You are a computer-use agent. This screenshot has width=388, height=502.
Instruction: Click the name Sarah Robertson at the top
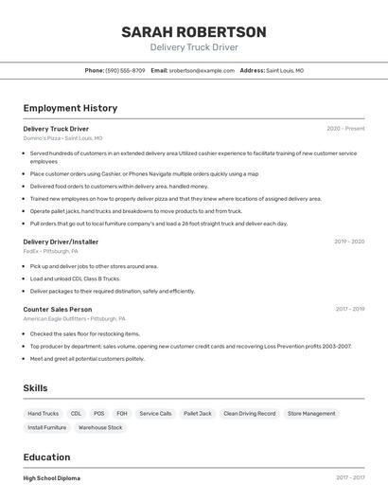coord(194,31)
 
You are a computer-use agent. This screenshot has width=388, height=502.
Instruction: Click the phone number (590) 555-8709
coord(125,70)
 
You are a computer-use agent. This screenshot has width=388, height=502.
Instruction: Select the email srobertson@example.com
coord(202,70)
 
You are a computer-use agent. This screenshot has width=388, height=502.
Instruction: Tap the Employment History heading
coord(70,108)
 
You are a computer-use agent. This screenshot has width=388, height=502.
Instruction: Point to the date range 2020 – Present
coord(345,128)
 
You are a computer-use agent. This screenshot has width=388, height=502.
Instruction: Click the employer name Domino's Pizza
coord(42,138)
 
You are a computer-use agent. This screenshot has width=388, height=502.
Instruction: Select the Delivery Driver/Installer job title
coord(61,242)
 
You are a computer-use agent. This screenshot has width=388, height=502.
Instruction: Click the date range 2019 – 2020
coord(349,242)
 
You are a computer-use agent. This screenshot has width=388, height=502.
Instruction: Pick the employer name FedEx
coord(31,251)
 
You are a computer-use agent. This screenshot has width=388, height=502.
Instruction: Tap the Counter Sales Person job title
coord(58,309)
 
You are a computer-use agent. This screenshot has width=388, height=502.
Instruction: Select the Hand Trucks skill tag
coord(44,413)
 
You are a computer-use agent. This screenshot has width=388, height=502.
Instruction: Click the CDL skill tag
coord(76,413)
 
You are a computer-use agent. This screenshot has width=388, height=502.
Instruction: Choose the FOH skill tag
coord(122,413)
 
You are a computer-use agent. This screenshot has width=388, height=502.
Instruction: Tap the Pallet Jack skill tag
coord(198,413)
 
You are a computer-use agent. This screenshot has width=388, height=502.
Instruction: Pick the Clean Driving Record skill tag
coord(250,413)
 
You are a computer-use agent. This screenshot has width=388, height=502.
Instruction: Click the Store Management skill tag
coord(311,413)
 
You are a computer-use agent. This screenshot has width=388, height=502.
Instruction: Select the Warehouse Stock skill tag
coord(100,427)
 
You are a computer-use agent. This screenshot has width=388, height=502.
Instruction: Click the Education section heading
coord(47,457)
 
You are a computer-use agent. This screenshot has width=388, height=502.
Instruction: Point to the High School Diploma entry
coord(52,478)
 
